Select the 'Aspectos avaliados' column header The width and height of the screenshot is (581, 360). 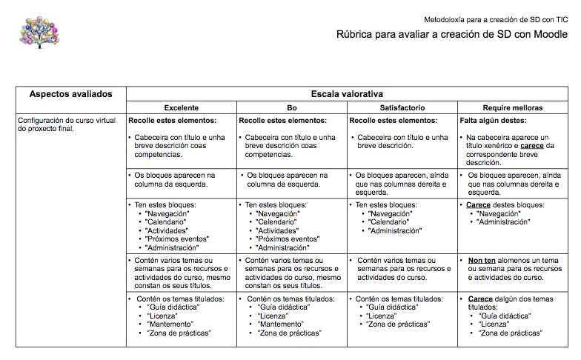70,94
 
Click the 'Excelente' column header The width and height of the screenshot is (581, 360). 181,107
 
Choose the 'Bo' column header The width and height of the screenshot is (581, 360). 292,107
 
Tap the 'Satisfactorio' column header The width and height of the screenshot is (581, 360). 402,107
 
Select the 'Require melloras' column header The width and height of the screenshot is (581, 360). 513,107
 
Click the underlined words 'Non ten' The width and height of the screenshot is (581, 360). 482,261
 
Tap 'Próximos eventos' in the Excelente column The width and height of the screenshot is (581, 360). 177,239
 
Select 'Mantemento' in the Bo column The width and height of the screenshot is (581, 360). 282,324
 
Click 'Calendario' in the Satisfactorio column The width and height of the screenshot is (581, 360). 390,221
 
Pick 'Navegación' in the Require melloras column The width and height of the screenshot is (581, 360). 500,213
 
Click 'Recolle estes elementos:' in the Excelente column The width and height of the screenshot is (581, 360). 173,119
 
